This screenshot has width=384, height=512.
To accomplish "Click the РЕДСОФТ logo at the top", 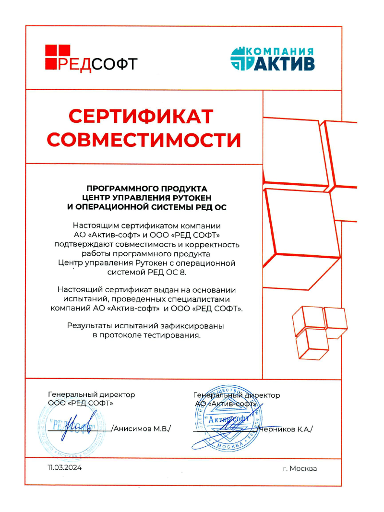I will [91, 57].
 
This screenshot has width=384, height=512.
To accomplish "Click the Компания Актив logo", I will [272, 59].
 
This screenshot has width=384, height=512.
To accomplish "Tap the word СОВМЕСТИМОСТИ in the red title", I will [145, 140].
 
